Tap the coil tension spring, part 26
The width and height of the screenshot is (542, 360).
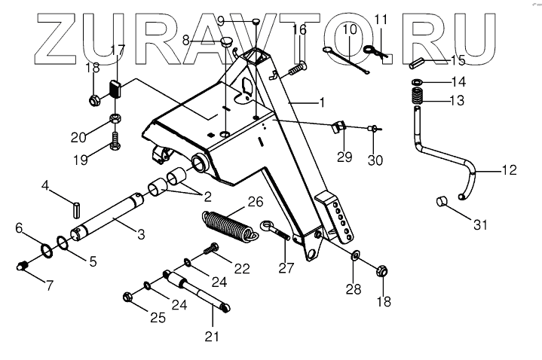pyautogui.click(x=226, y=224)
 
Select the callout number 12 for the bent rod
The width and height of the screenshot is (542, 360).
pyautogui.click(x=509, y=170)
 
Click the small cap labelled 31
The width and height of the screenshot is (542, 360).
pyautogui.click(x=444, y=201)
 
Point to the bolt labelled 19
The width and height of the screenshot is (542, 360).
pyautogui.click(x=115, y=141)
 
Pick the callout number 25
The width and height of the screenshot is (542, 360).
pyautogui.click(x=157, y=317)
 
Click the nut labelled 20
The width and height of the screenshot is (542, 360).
pyautogui.click(x=115, y=119)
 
